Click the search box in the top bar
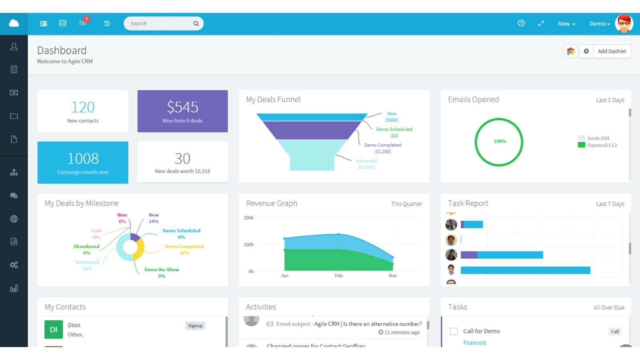click(x=160, y=24)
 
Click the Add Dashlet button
click(x=612, y=51)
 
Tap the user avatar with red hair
click(x=624, y=24)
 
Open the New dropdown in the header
click(x=566, y=24)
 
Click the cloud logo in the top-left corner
click(x=14, y=23)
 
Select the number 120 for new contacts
click(x=83, y=107)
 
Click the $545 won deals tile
click(x=182, y=111)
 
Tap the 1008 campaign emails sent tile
click(x=83, y=162)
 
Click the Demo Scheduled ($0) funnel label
click(x=394, y=132)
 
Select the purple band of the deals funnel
click(x=312, y=130)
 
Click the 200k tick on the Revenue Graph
click(x=249, y=218)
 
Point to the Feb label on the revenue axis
click(x=338, y=276)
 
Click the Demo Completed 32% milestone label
click(x=184, y=250)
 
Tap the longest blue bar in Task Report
click(x=525, y=270)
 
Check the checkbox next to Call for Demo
click(x=454, y=331)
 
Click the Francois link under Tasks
click(x=474, y=343)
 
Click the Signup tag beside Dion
click(x=195, y=326)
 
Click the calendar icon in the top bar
click(x=63, y=23)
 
